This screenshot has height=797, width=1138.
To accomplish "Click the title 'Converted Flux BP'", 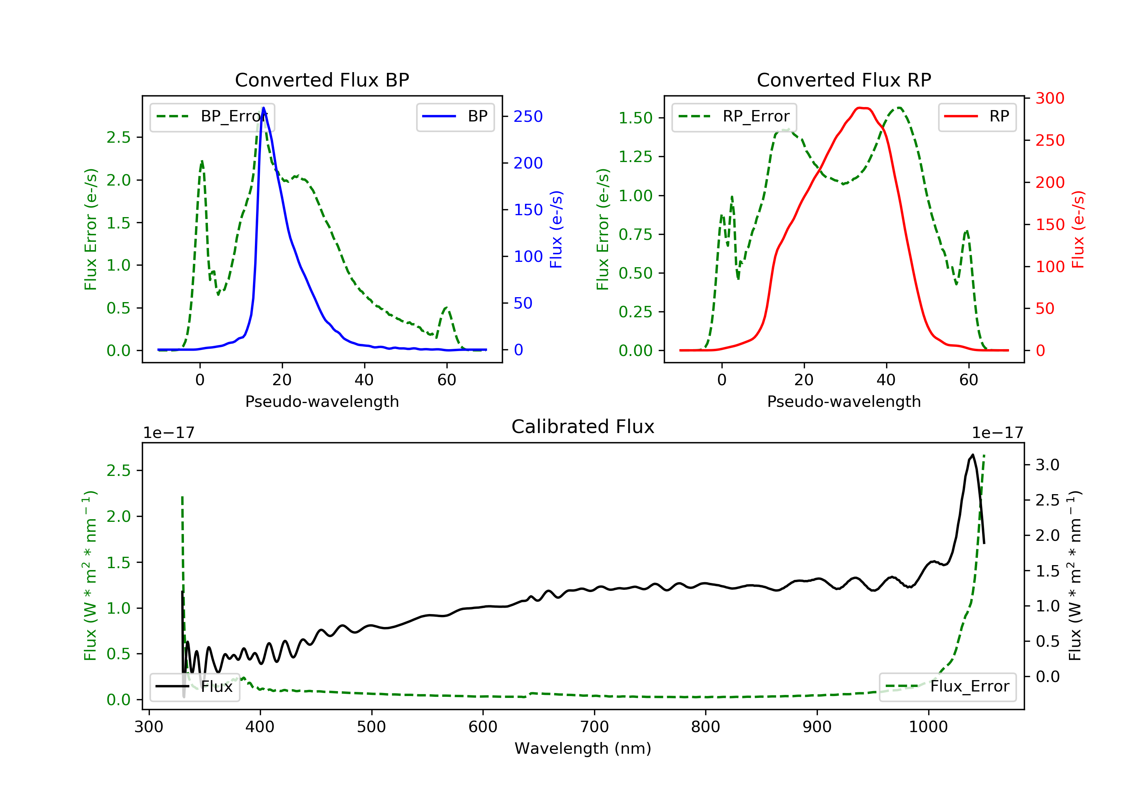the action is [x=322, y=80].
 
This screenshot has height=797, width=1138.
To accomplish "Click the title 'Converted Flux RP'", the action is [x=844, y=80].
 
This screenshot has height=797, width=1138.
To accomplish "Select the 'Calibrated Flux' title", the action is [x=583, y=427].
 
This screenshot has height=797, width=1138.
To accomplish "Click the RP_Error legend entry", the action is [x=734, y=117].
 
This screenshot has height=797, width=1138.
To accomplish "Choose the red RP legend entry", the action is [x=977, y=117].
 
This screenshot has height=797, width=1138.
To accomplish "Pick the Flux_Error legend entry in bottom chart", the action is [x=947, y=687].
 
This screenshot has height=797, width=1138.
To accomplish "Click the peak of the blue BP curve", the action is [x=263, y=108].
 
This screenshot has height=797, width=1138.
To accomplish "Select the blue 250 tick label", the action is [x=528, y=117].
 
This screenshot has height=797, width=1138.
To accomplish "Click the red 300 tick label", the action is [x=1050, y=98].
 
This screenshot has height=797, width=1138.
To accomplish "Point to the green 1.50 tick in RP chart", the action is [x=635, y=118].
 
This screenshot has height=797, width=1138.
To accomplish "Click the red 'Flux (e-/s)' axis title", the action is [x=1078, y=230].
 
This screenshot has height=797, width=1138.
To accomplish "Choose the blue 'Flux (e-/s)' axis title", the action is [x=556, y=230].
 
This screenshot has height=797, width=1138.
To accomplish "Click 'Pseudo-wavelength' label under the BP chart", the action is [x=322, y=401].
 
